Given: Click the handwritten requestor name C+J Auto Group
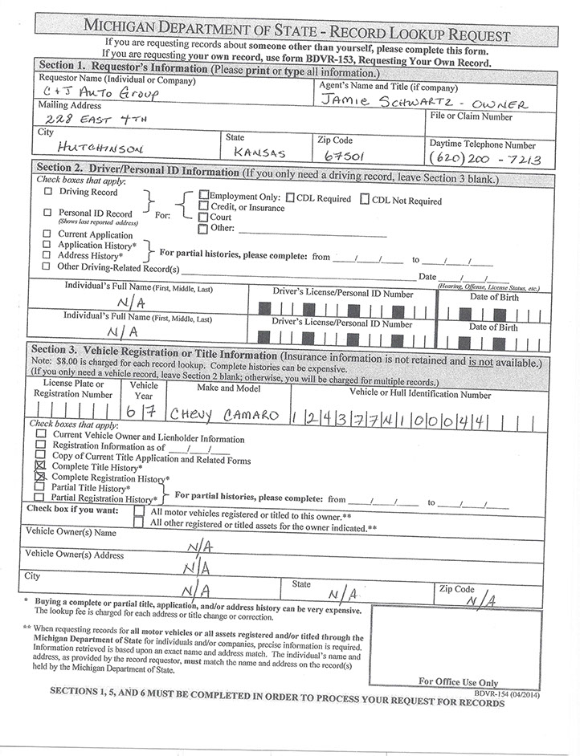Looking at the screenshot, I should pyautogui.click(x=100, y=95).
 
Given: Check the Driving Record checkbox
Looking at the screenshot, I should pyautogui.click(x=48, y=193).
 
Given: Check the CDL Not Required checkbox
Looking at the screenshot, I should pyautogui.click(x=365, y=199).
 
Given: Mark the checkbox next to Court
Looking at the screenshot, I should pyautogui.click(x=203, y=217).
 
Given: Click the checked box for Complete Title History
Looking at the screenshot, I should pyautogui.click(x=41, y=465).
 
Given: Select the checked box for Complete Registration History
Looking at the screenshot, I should pyautogui.click(x=41, y=477).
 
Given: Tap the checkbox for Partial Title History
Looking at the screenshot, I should pyautogui.click(x=41, y=487).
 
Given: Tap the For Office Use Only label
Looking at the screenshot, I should pyautogui.click(x=458, y=681).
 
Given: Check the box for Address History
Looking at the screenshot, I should pyautogui.click(x=48, y=255).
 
